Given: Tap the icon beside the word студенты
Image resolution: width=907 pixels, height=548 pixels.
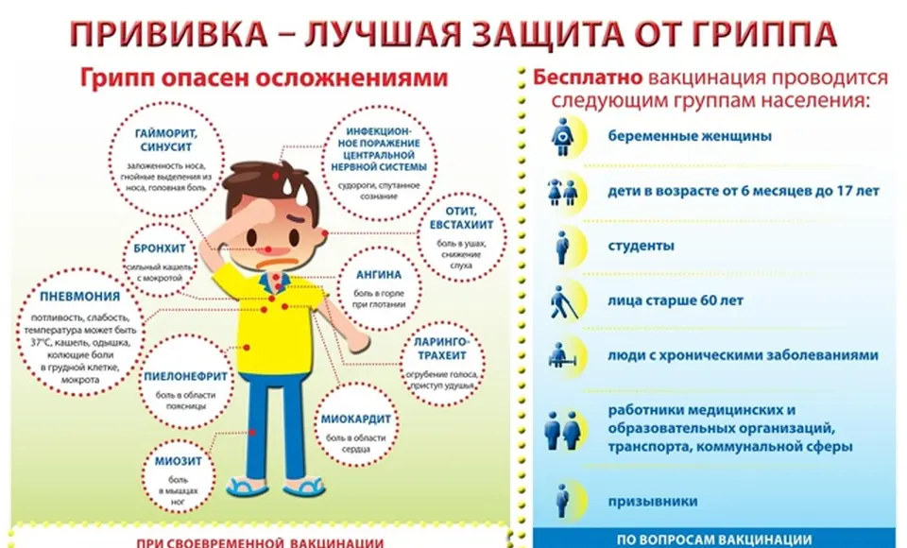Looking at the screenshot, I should [561, 246].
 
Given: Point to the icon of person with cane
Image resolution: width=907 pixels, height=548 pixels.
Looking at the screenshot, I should [561, 301].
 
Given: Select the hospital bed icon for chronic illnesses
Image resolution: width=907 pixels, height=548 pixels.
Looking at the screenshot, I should [561, 356].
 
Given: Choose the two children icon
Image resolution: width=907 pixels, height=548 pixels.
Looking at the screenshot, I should [561, 192].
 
